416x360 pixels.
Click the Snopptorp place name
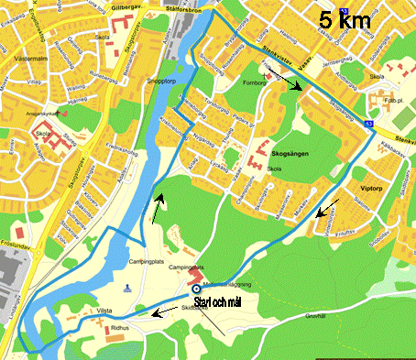click(x=162, y=80)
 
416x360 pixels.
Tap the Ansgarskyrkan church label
click(x=52, y=114)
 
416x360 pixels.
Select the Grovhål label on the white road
click(x=312, y=314)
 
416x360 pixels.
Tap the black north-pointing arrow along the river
click(x=159, y=207)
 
